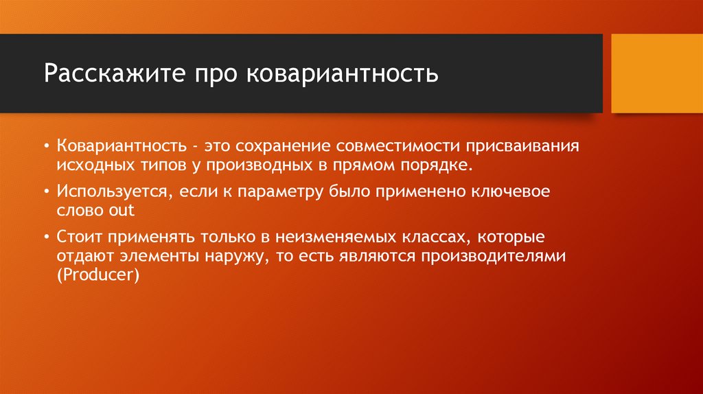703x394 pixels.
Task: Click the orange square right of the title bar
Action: point(656,73)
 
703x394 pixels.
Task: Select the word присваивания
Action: point(525,148)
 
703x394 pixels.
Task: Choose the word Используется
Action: point(111,193)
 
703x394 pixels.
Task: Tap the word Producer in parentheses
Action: point(98,274)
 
